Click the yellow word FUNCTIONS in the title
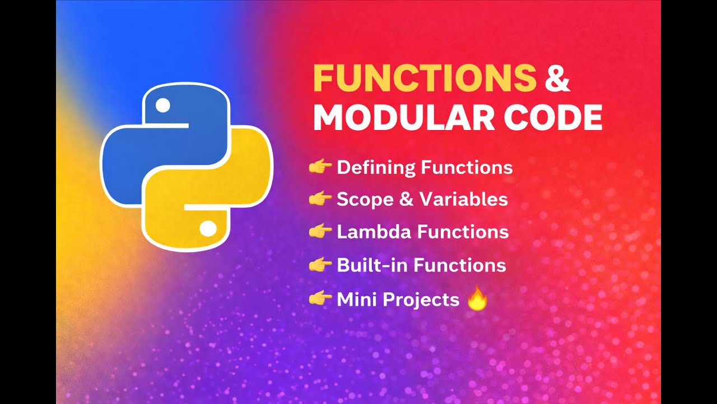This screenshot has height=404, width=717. [x=424, y=79]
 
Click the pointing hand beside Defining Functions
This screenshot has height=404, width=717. [x=320, y=167]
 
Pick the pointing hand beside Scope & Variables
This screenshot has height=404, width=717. [x=320, y=199]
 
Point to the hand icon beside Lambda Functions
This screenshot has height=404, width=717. [x=320, y=231]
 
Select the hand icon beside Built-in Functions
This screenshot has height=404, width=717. [x=320, y=265]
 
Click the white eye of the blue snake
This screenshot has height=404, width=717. [x=162, y=105]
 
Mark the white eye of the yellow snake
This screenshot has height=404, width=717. [x=207, y=228]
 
